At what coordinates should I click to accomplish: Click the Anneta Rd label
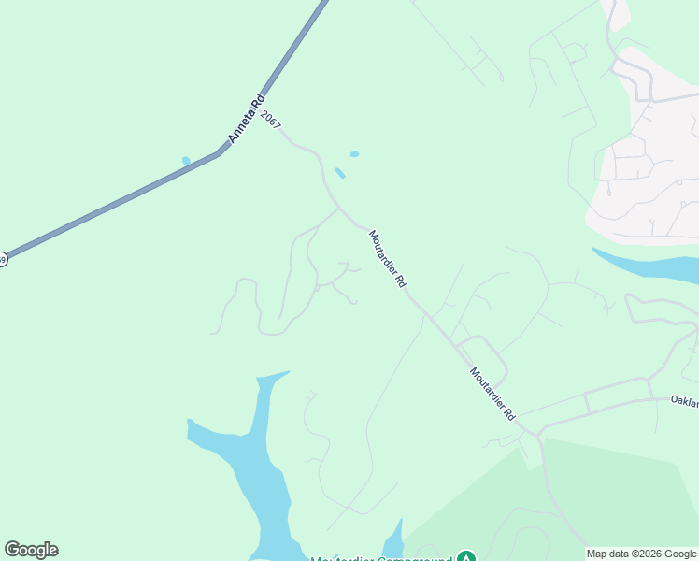(246, 118)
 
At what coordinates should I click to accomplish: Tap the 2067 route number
(271, 120)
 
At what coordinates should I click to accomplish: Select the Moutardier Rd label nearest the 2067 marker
(388, 259)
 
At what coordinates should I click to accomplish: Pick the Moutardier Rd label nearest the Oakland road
(492, 392)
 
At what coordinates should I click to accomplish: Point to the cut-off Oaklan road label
(684, 400)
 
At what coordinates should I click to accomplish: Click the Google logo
(31, 550)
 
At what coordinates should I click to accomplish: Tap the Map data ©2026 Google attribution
(642, 554)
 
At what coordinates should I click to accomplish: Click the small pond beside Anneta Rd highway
(186, 161)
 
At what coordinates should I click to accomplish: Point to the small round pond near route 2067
(354, 154)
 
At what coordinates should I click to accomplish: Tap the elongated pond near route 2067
(340, 173)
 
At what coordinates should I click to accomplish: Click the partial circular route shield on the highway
(2, 259)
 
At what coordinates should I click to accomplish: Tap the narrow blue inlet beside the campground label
(393, 540)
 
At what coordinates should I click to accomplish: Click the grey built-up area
(645, 168)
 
